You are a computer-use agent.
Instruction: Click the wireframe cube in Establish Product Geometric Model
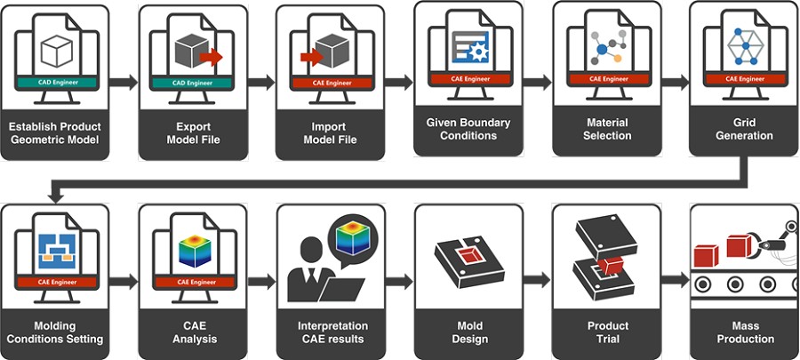pos(56,51)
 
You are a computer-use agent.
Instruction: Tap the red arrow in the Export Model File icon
pos(211,57)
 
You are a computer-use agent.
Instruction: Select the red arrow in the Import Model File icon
pos(312,57)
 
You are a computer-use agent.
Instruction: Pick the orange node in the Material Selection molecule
pos(618,58)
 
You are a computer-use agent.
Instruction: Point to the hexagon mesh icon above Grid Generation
pos(746,46)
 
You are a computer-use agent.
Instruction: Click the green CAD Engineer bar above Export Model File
pos(192,83)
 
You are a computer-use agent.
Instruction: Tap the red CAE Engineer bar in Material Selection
pos(609,79)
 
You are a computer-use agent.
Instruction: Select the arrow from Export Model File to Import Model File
pos(261,83)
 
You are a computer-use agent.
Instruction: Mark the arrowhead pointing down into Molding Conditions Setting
pos(55,196)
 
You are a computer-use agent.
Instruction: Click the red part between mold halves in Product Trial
pos(610,265)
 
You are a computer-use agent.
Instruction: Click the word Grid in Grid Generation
pos(746,123)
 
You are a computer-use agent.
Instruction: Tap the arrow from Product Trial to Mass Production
pos(676,280)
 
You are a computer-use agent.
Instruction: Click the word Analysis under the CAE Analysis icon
pos(195,339)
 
